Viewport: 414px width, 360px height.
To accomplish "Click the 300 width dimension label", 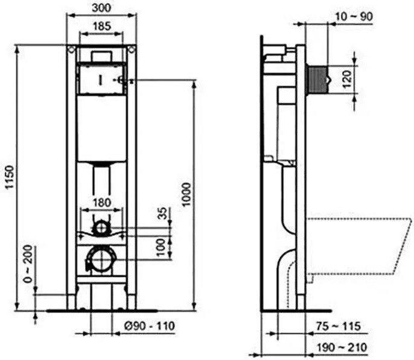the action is coord(101,8).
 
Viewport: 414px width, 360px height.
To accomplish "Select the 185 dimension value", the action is coord(102,26).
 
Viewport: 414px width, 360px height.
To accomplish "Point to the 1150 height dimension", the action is coord(10,177).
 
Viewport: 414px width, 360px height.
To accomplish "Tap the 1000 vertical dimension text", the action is coord(186,195).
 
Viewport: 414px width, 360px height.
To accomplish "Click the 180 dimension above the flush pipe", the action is coord(102,203).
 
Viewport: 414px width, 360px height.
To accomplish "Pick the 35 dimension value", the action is coord(164,213).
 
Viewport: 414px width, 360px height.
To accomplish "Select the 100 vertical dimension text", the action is coord(161,247).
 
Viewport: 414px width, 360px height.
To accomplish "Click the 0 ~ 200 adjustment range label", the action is coord(28,264).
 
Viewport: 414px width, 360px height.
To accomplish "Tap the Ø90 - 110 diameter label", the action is coord(150,326).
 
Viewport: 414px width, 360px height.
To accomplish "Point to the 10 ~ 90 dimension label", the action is coord(354,17).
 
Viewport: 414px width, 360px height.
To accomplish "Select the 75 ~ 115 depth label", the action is coord(339,326).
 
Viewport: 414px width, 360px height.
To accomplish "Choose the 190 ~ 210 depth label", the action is coord(342,347).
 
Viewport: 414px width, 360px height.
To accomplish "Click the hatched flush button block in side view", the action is coord(317,80).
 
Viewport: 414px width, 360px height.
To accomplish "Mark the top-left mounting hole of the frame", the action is coord(71,49).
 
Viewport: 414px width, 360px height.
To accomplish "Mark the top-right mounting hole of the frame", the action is coord(132,49).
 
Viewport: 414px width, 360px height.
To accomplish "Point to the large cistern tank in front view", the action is coord(101,128).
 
